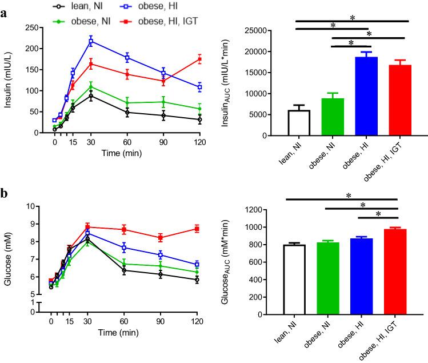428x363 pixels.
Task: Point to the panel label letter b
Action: click(5, 193)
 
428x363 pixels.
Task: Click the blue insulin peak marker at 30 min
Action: click(91, 41)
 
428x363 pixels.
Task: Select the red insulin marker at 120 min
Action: click(200, 59)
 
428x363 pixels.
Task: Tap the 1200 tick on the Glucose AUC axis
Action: click(269, 210)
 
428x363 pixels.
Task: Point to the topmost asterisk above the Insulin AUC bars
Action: click(353, 18)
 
